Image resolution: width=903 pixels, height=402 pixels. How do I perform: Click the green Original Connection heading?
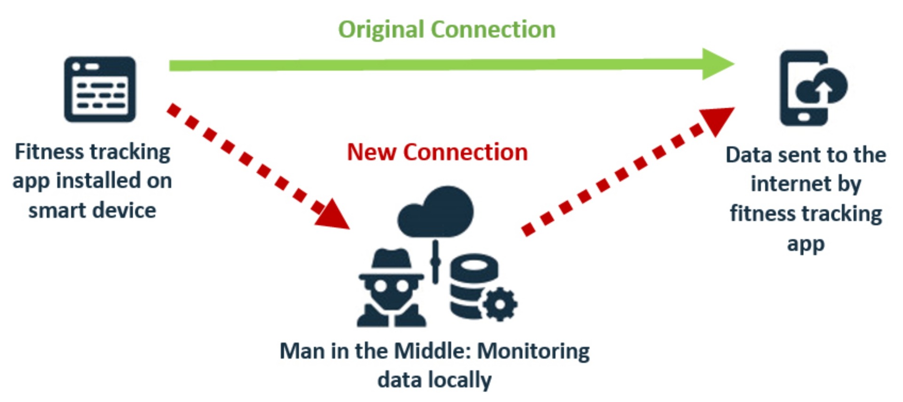pyautogui.click(x=447, y=30)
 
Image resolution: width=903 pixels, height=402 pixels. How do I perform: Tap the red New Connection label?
pyautogui.click(x=437, y=152)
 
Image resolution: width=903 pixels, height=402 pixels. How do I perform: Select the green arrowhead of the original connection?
pyautogui.click(x=717, y=64)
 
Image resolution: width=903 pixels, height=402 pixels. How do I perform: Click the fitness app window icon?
pyautogui.click(x=100, y=89)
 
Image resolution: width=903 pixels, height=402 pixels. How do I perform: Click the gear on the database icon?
pyautogui.click(x=499, y=304)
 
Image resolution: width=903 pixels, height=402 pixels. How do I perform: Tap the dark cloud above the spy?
pyautogui.click(x=436, y=211)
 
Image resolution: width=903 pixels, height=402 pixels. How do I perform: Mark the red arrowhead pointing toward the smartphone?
pyautogui.click(x=717, y=120)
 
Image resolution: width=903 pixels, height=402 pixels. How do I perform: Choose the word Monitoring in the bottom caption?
pyautogui.click(x=533, y=351)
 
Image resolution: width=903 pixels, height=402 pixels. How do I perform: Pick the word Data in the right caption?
pyautogui.click(x=749, y=155)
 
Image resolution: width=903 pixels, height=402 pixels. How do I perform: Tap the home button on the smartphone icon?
pyautogui.click(x=804, y=117)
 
